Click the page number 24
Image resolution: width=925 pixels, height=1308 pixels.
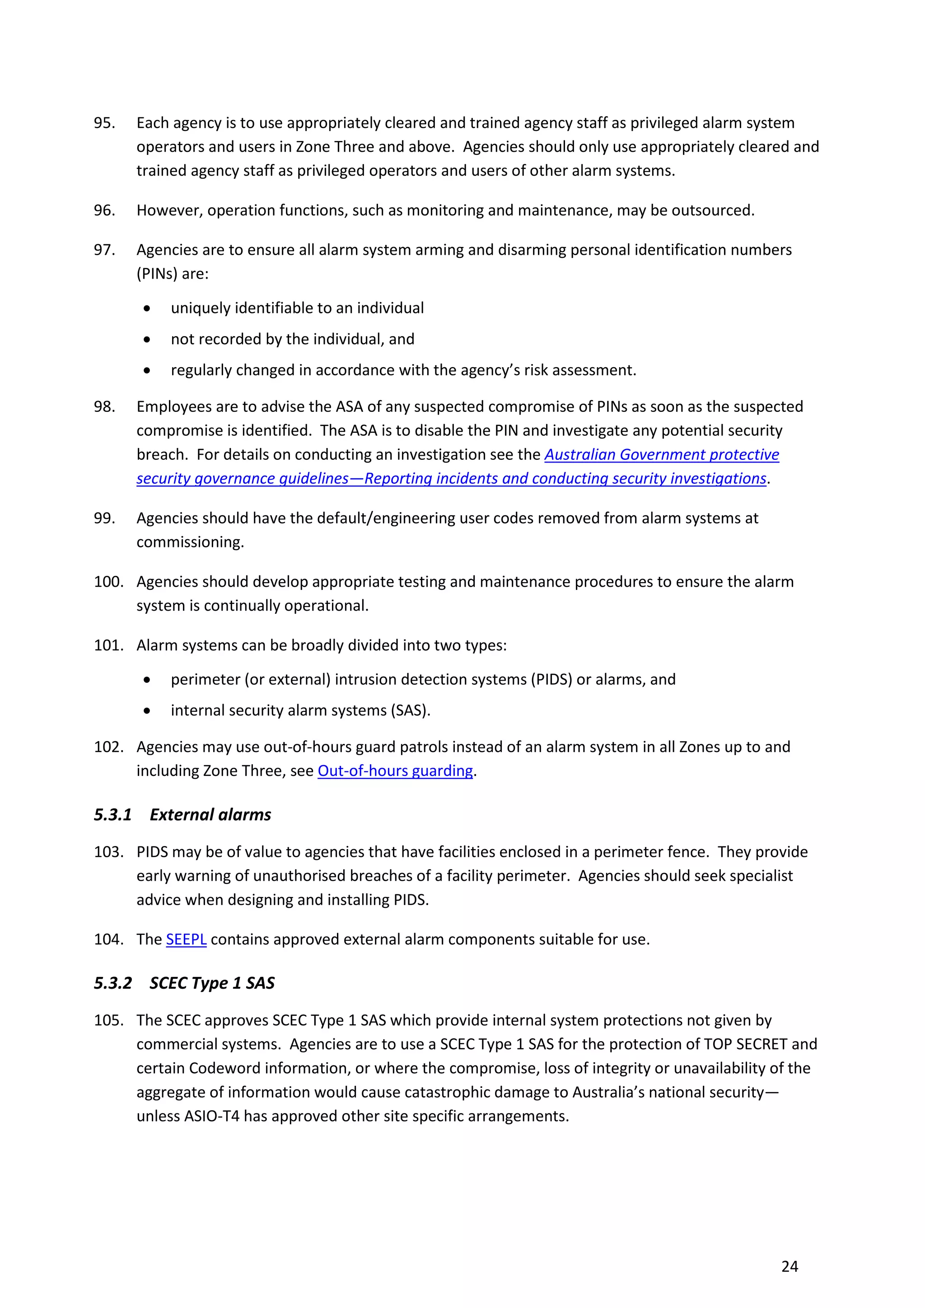(790, 1266)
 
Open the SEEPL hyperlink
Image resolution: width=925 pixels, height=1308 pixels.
(186, 939)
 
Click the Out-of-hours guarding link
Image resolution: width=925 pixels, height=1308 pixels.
(395, 771)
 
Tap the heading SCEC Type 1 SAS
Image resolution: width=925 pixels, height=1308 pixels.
(212, 983)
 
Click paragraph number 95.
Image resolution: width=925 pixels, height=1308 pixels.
(104, 123)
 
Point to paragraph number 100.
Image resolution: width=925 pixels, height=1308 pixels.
(108, 582)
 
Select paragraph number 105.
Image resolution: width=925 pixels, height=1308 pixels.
(108, 1020)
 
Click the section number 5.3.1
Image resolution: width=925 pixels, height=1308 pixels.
(113, 815)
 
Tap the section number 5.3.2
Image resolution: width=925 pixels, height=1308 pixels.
(113, 983)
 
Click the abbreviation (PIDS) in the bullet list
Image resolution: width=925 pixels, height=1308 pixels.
(551, 680)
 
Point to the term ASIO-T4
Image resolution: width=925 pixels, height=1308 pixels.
(211, 1116)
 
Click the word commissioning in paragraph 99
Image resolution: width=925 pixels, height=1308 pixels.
(189, 542)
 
